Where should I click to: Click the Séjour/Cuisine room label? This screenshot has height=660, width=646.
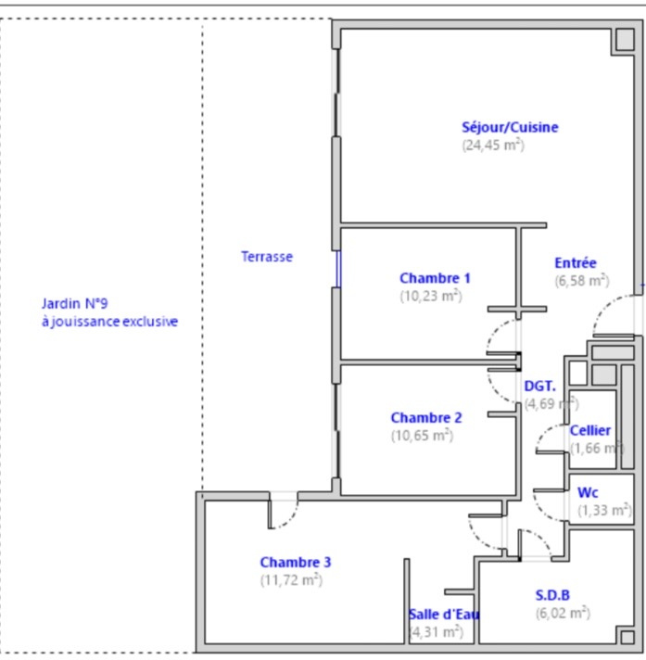point(510,127)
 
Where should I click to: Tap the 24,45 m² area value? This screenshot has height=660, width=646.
point(493,146)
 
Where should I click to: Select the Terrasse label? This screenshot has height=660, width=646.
point(267,257)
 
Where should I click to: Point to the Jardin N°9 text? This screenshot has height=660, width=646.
point(74,303)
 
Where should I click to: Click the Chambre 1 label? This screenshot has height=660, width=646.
point(435,278)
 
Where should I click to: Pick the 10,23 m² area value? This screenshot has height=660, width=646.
point(431,297)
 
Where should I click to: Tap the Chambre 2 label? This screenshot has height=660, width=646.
point(426,417)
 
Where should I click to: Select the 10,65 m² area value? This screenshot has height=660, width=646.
point(422,436)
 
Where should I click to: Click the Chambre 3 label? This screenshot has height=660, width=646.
point(296,563)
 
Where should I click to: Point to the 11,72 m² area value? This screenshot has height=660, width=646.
point(291,580)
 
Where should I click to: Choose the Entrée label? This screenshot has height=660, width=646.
point(576,263)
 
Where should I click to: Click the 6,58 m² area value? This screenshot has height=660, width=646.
point(582,281)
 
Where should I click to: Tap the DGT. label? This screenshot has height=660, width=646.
point(540,386)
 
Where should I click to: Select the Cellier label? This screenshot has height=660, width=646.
point(590,431)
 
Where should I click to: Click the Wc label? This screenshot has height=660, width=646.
point(588,492)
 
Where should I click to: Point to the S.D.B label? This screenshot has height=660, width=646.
point(552,595)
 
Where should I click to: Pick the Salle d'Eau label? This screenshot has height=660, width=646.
point(444,615)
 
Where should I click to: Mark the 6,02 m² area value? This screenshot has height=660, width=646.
point(564,614)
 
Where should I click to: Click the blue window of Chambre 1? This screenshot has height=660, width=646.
point(338,270)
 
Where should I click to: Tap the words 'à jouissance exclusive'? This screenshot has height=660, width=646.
point(110,322)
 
